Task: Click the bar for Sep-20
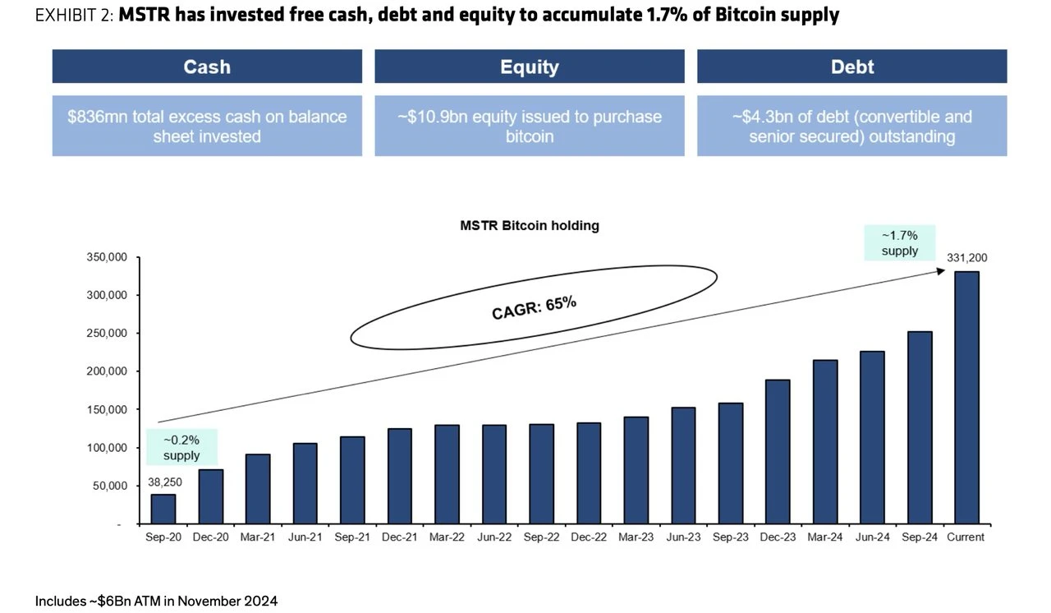(x=163, y=509)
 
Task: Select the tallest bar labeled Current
(x=966, y=398)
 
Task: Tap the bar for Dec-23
(x=776, y=452)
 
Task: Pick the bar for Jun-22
(x=493, y=474)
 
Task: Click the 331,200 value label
(x=967, y=257)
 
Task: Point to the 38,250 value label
(x=165, y=482)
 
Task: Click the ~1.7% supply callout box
(x=899, y=242)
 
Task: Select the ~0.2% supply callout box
(x=181, y=446)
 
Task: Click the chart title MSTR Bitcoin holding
(x=529, y=225)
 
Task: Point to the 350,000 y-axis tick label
(x=106, y=257)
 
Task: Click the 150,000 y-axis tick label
(x=106, y=409)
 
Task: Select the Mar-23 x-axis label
(x=636, y=537)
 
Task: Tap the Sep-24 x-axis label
(x=919, y=537)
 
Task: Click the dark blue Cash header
(x=207, y=67)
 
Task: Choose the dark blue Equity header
(x=529, y=67)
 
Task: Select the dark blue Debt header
(x=851, y=67)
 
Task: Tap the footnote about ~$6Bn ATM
(x=156, y=601)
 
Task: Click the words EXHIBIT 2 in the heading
(x=72, y=15)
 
